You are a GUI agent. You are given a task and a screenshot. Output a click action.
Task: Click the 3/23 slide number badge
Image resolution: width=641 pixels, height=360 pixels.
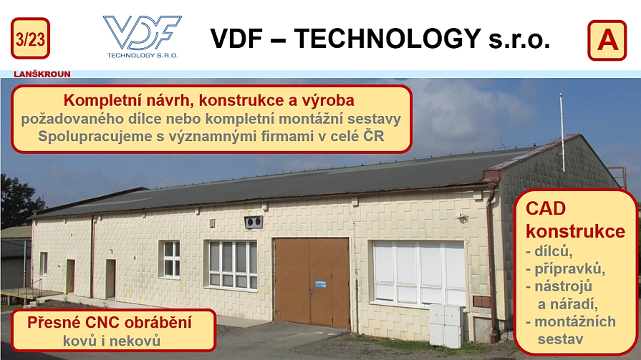tap(30, 39)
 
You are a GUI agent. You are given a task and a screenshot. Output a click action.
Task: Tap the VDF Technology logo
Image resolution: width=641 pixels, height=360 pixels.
tap(143, 37)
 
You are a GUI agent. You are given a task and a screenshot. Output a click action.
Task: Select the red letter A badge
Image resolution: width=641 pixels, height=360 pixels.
tap(607, 41)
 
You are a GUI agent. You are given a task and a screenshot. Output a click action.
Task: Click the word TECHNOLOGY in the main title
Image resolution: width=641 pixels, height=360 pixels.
tap(387, 39)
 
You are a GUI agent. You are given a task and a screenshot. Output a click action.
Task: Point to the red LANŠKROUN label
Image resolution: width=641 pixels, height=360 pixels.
tap(42, 74)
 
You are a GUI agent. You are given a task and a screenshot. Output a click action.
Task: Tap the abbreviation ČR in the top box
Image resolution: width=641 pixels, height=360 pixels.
tap(374, 136)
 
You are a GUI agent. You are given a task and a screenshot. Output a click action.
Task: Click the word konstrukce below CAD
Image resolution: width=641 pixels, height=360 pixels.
tap(575, 231)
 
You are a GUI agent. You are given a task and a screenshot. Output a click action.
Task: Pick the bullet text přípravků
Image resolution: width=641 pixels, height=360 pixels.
tap(569, 269)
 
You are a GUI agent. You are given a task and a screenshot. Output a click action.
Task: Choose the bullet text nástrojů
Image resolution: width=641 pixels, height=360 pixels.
tap(563, 286)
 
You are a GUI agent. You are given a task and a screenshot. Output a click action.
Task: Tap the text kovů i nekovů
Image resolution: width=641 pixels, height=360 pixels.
tap(112, 341)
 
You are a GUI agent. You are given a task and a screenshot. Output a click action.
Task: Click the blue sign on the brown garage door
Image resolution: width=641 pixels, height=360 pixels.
tap(321, 283)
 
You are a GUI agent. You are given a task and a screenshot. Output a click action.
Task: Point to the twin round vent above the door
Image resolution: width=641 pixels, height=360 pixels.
tap(254, 223)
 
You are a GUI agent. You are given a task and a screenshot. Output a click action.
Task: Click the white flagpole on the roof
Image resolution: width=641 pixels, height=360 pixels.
tap(562, 132)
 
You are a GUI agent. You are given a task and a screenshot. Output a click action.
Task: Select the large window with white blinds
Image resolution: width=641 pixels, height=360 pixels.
tap(419, 273)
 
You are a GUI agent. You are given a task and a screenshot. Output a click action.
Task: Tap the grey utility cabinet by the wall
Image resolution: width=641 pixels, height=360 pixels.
tap(445, 326)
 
